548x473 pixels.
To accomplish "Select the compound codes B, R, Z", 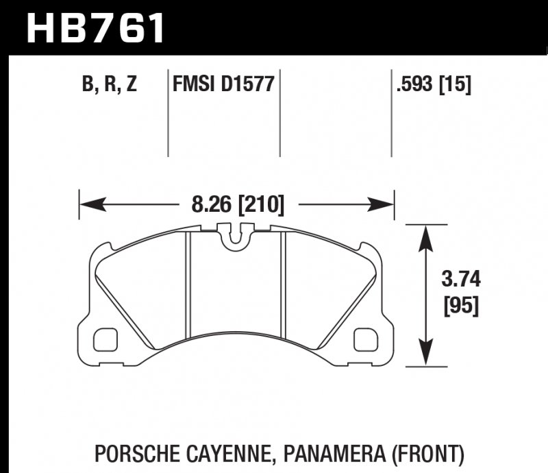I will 110,85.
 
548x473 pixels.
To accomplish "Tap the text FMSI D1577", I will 223,85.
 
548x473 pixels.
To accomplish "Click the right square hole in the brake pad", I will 367,338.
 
